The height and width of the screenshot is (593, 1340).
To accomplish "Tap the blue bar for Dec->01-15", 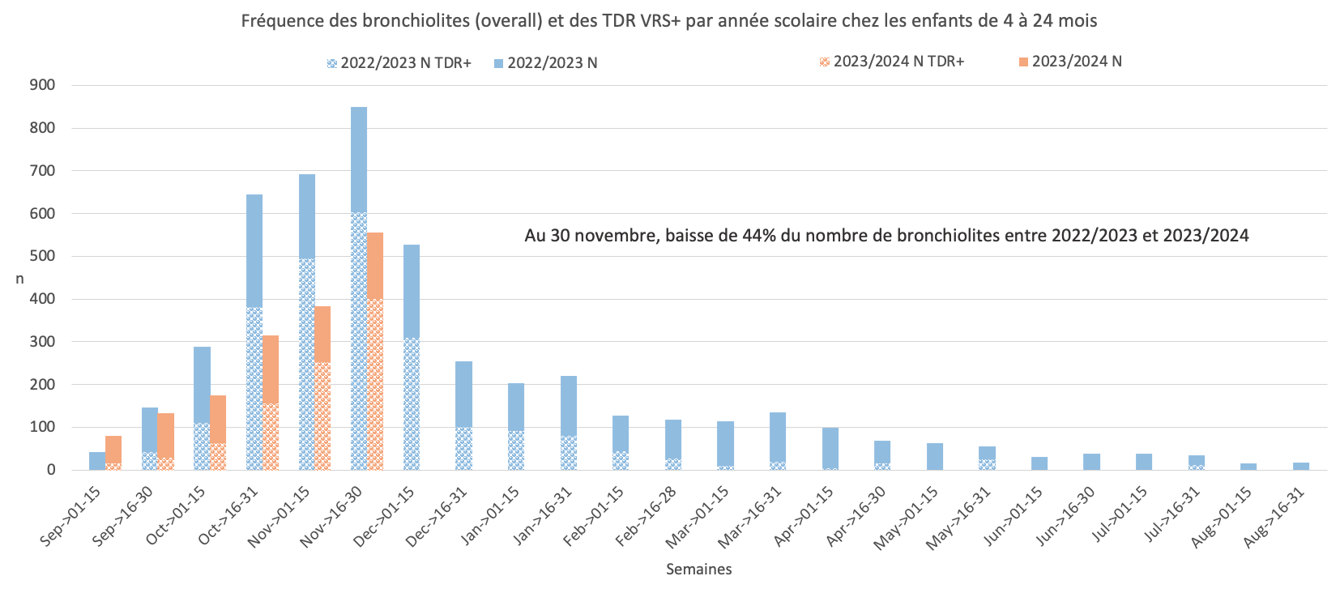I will (412, 356).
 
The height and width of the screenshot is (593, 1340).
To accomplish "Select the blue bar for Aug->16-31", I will (1301, 466).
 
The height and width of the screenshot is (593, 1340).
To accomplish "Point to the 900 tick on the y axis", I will (42, 85).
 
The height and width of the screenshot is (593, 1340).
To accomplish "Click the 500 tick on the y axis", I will (42, 256).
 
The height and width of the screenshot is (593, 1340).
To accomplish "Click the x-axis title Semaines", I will (698, 570).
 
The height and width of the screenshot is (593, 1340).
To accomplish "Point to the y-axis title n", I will (19, 279).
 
